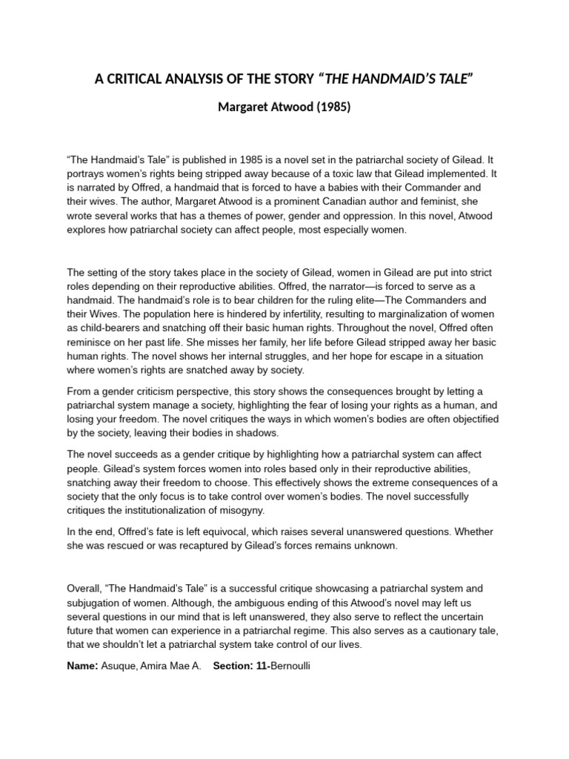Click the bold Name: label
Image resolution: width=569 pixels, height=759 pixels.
click(x=83, y=666)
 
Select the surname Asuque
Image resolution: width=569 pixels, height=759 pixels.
click(x=122, y=666)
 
